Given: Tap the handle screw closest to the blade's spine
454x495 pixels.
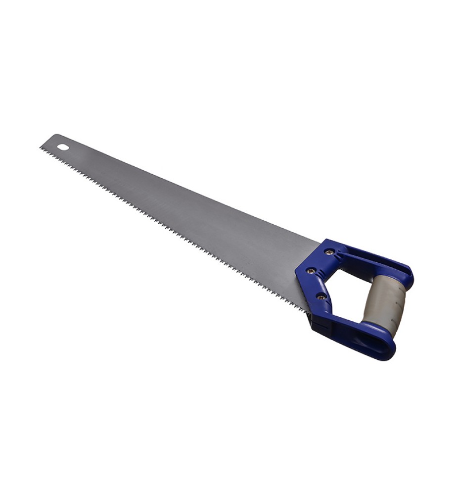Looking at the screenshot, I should pyautogui.click(x=329, y=252).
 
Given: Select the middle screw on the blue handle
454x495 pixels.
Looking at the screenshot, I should pyautogui.click(x=311, y=271).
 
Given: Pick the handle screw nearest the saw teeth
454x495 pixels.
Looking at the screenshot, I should pyautogui.click(x=321, y=297).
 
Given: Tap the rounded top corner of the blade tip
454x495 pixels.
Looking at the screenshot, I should pyautogui.click(x=55, y=136).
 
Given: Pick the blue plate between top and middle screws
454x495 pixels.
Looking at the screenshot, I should pyautogui.click(x=319, y=261).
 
